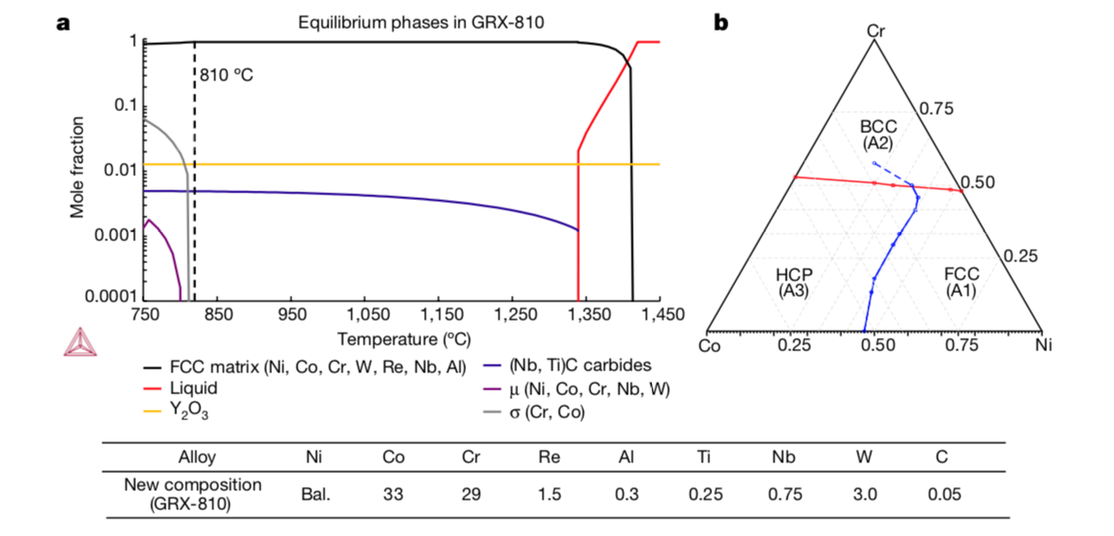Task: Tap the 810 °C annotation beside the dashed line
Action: point(227,74)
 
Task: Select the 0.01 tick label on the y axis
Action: point(119,169)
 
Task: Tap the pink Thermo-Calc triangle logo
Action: point(78,342)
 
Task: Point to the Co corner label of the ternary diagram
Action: point(710,346)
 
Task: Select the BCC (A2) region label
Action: point(877,135)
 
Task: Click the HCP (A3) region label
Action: point(795,281)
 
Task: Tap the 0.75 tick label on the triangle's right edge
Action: point(937,108)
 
